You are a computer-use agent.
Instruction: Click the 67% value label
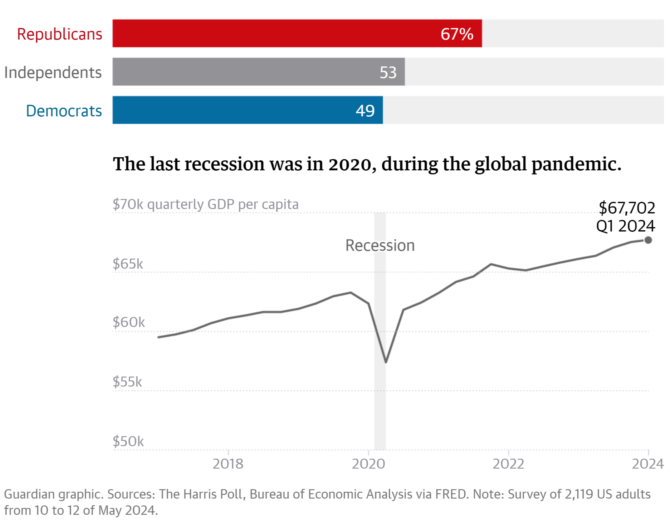[457, 34]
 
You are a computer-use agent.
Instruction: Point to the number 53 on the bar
[388, 72]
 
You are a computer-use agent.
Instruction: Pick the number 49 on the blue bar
[365, 111]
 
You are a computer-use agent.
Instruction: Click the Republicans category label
[60, 34]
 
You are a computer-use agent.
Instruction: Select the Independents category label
[53, 72]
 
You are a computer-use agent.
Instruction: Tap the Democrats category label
[64, 111]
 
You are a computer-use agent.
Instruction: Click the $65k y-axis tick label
[128, 264]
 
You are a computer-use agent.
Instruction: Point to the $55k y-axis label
[127, 382]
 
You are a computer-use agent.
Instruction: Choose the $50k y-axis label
[128, 442]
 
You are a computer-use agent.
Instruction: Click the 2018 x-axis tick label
[228, 464]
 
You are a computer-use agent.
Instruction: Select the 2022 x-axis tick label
[508, 464]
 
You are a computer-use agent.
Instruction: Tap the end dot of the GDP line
[648, 240]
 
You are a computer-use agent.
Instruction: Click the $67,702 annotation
[627, 208]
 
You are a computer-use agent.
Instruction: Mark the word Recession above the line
[380, 245]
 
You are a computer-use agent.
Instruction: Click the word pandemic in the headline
[576, 164]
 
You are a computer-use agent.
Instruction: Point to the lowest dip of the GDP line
[386, 362]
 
